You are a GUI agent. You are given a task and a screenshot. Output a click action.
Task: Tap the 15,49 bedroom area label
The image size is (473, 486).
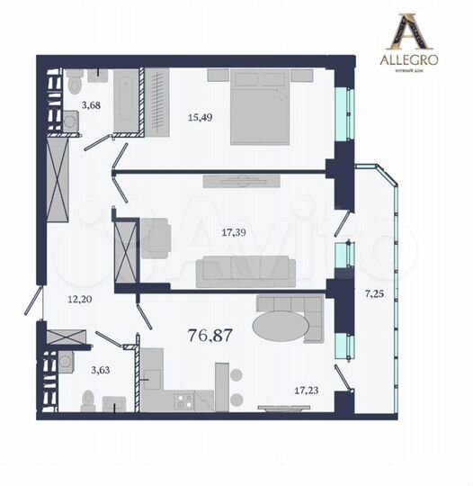coord(200,115)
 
